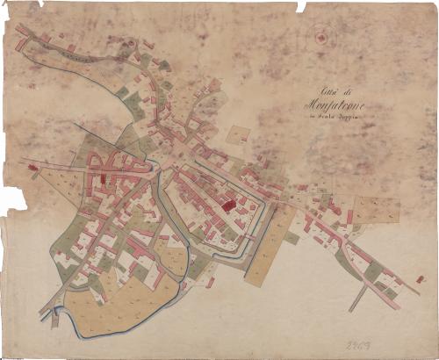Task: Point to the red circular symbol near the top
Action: [321, 38]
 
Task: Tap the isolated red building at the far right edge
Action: [421, 279]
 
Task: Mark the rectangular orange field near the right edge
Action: [376, 210]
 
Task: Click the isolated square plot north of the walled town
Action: [239, 135]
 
